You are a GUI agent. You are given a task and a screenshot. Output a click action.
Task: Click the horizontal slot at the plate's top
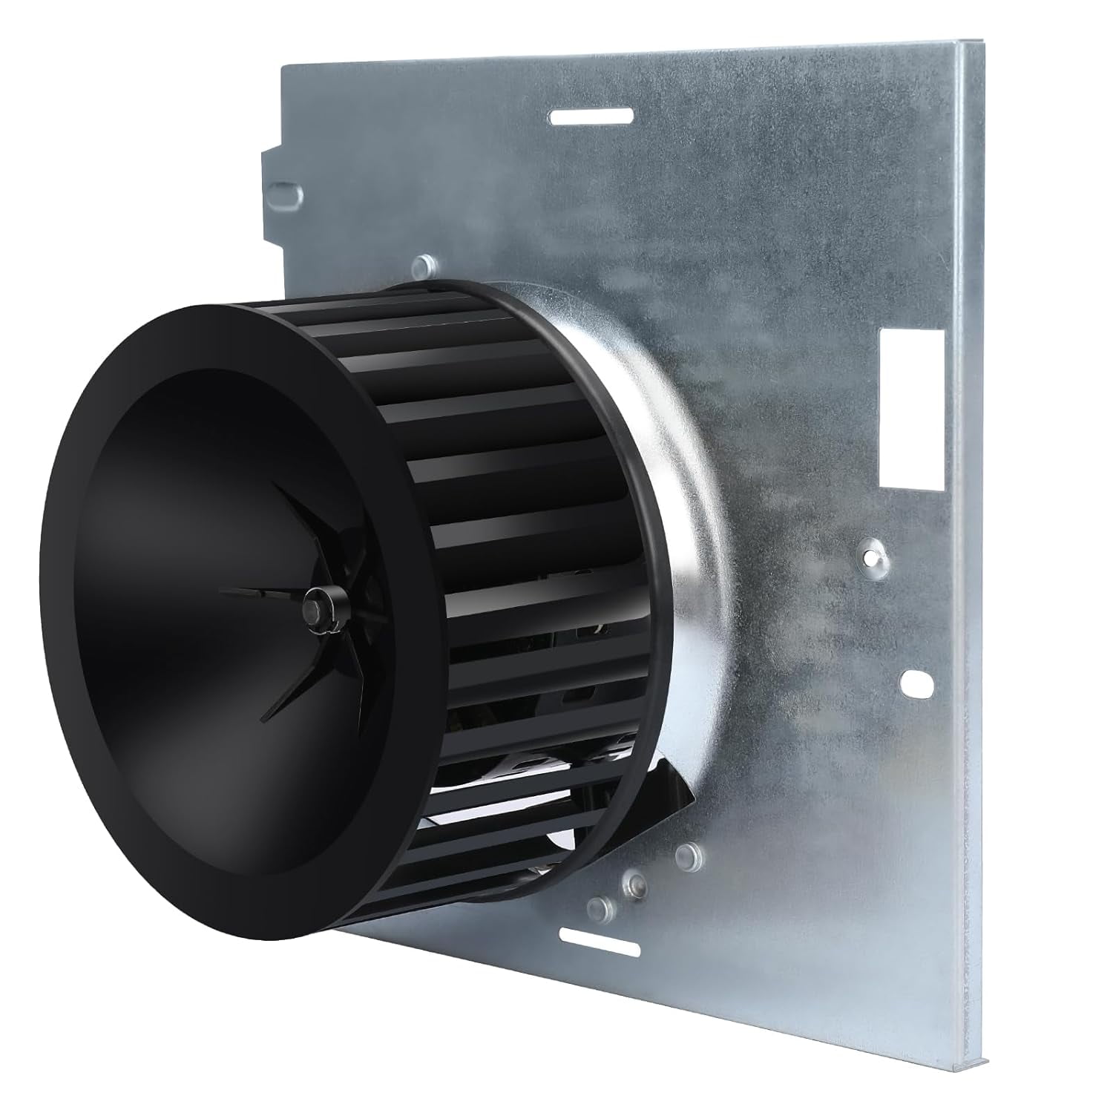[x=591, y=116]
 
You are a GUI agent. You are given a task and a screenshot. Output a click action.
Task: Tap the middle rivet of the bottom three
[x=634, y=882]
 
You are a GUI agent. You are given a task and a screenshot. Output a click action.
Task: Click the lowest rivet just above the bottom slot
[x=599, y=905]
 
